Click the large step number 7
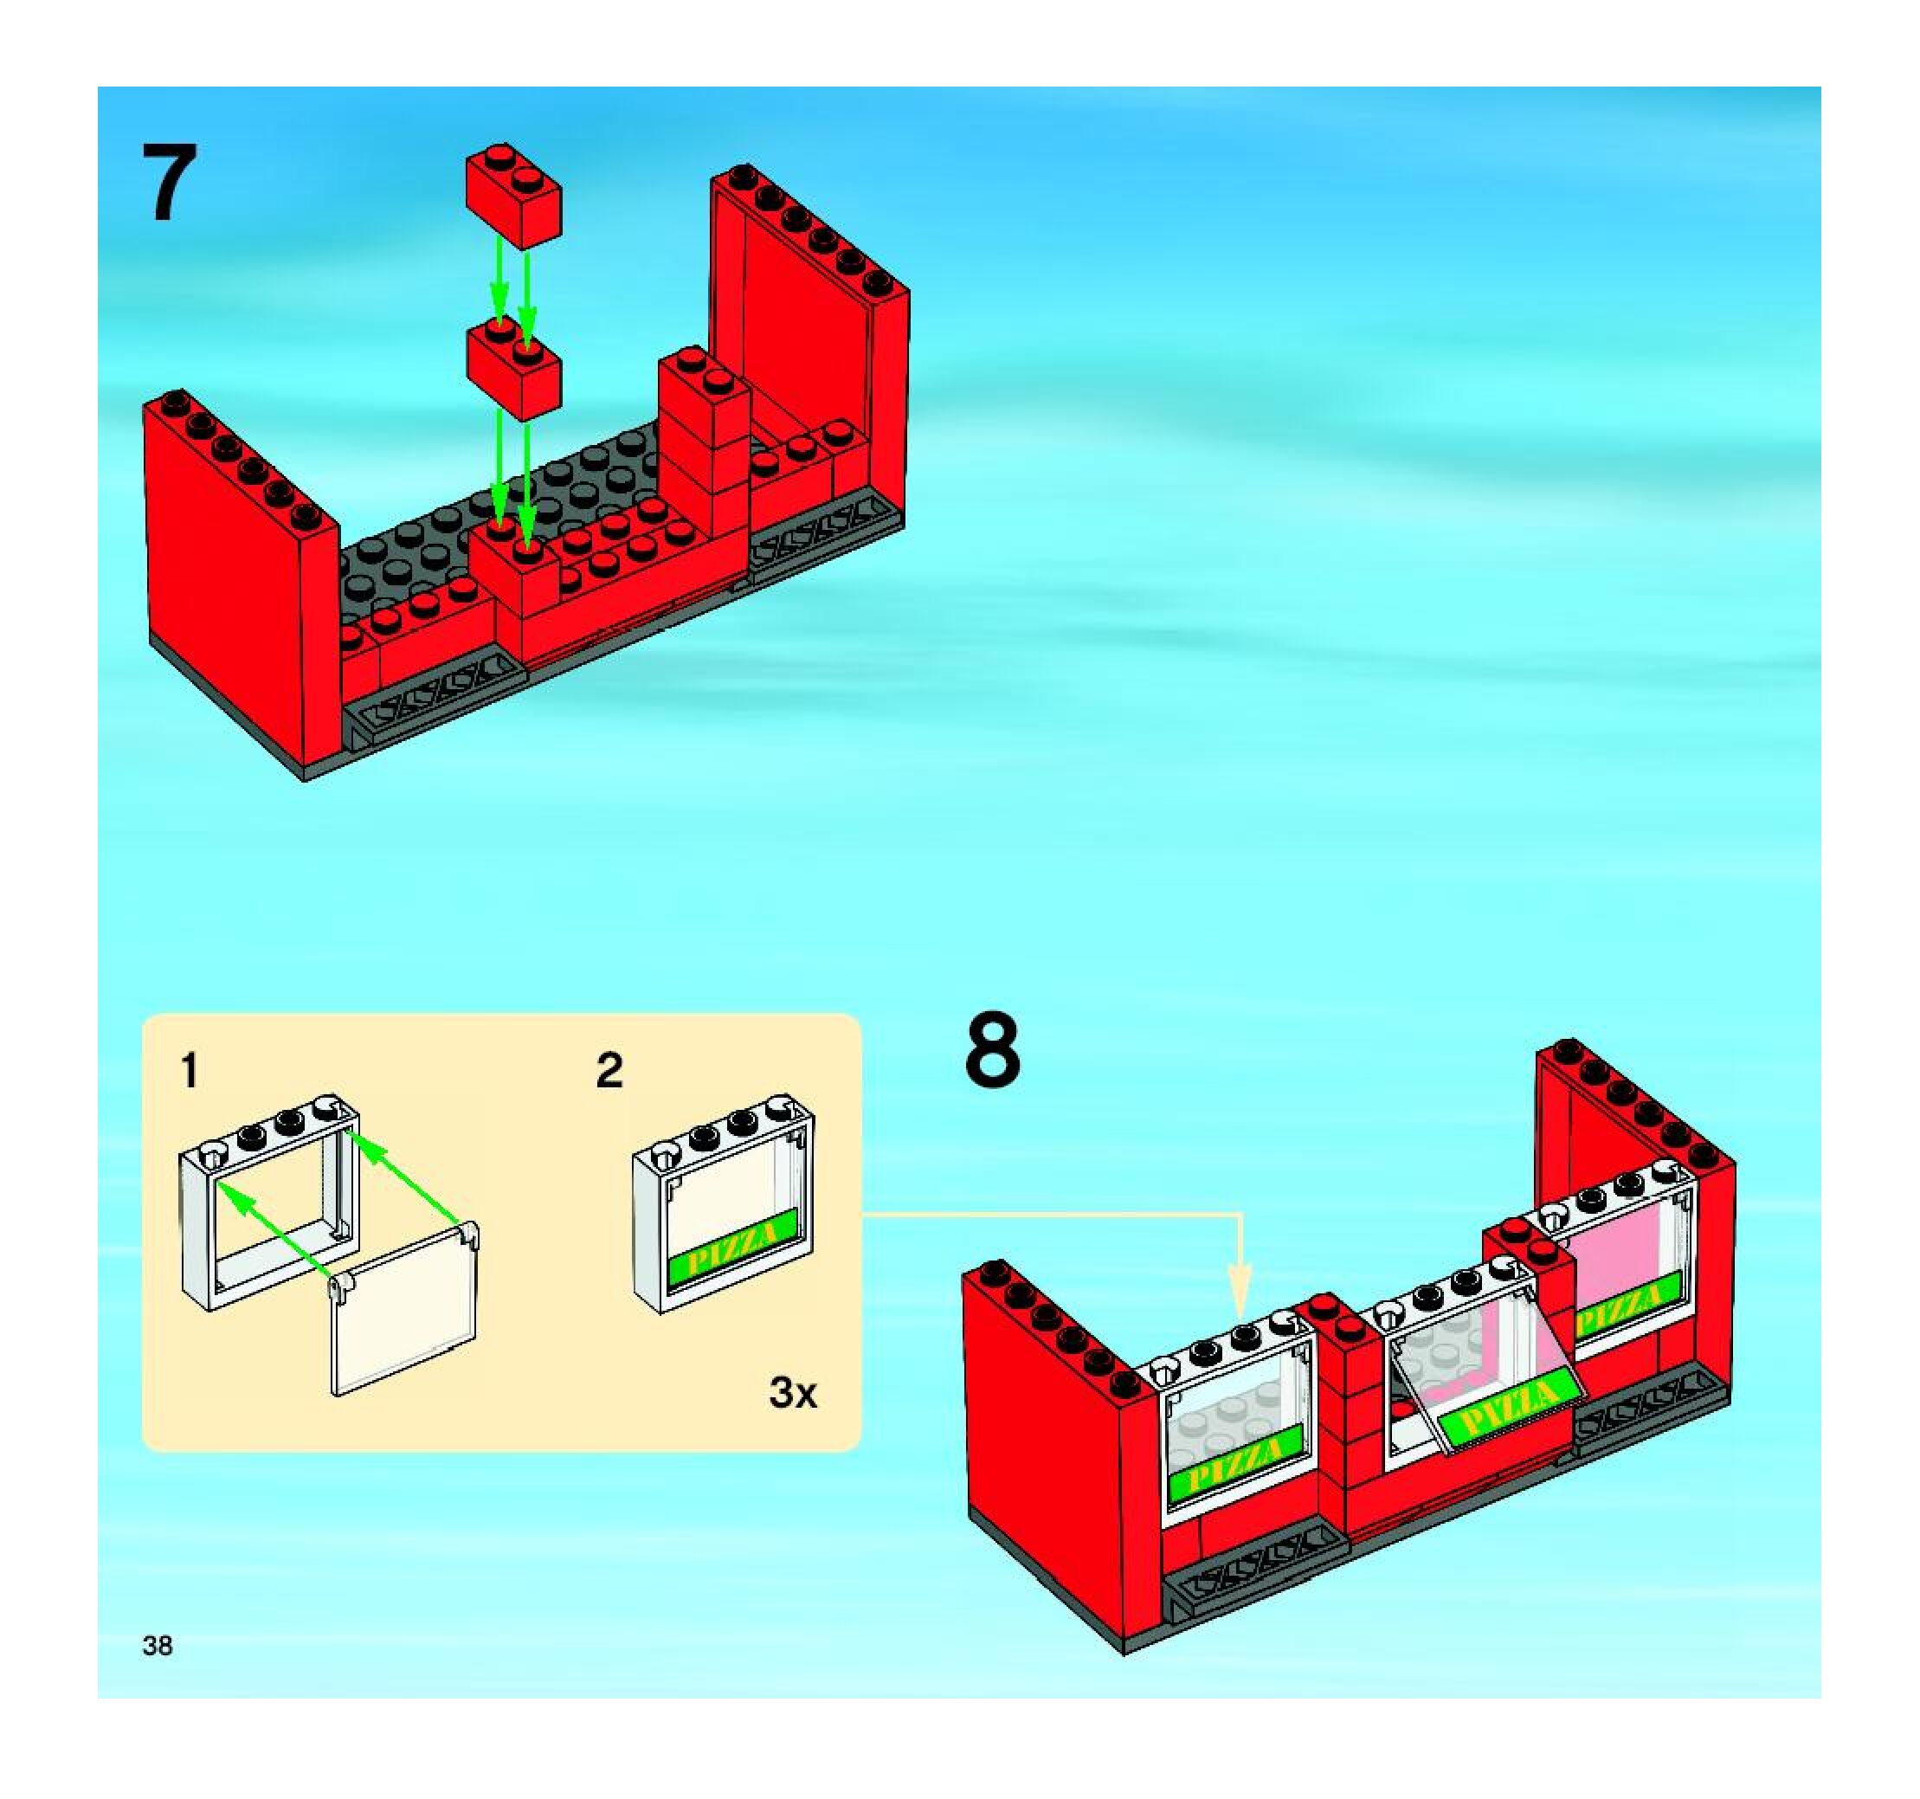click(x=170, y=183)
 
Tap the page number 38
click(x=158, y=1646)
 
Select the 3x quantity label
click(x=793, y=1392)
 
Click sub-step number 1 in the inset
click(x=190, y=1071)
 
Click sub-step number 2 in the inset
click(x=609, y=1071)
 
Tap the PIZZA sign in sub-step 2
click(x=734, y=1247)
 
